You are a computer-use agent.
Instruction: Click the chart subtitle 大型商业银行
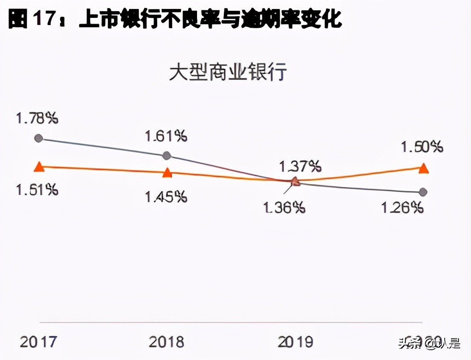coord(227,73)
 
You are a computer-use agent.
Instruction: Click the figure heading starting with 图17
coord(175,19)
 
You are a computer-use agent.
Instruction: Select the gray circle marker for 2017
coord(39,138)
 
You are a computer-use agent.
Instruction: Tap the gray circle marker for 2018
coord(167,155)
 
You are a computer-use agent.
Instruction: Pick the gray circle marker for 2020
coord(423,192)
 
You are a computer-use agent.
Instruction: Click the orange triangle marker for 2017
coord(39,167)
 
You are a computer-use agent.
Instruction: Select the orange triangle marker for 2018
coord(167,172)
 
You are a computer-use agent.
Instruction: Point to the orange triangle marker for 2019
coord(295,181)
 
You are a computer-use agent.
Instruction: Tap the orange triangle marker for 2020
coord(423,168)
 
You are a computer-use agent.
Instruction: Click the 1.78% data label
coord(37,119)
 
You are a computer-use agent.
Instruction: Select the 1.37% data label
coord(300,167)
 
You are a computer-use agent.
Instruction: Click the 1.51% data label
coord(37,189)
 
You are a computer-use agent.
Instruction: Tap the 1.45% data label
coord(166,196)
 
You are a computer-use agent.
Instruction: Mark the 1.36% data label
coord(285,207)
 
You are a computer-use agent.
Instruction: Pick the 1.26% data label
coord(402,207)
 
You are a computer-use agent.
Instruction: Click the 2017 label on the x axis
coord(38,342)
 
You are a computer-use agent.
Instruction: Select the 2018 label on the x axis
coord(166,342)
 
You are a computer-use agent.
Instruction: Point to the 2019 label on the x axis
coord(295,342)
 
